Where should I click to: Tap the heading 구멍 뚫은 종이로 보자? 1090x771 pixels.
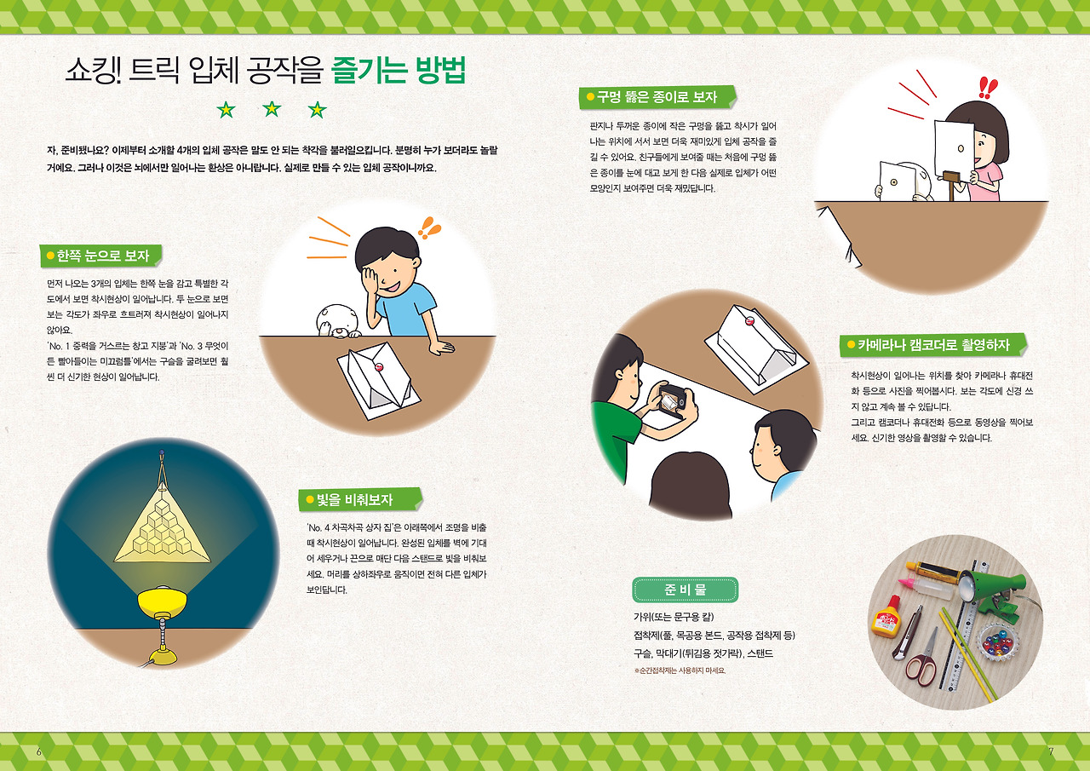tap(657, 97)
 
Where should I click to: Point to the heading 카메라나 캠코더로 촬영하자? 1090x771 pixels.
tap(933, 345)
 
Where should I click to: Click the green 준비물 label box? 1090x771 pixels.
tap(685, 590)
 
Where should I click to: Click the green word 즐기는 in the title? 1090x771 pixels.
tap(366, 72)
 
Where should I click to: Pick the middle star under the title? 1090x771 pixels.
tap(272, 109)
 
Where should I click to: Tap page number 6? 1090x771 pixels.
tap(39, 751)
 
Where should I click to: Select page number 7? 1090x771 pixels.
tap(1051, 751)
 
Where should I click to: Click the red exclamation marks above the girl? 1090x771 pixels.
tap(988, 87)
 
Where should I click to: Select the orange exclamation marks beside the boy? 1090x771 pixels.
tap(429, 227)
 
